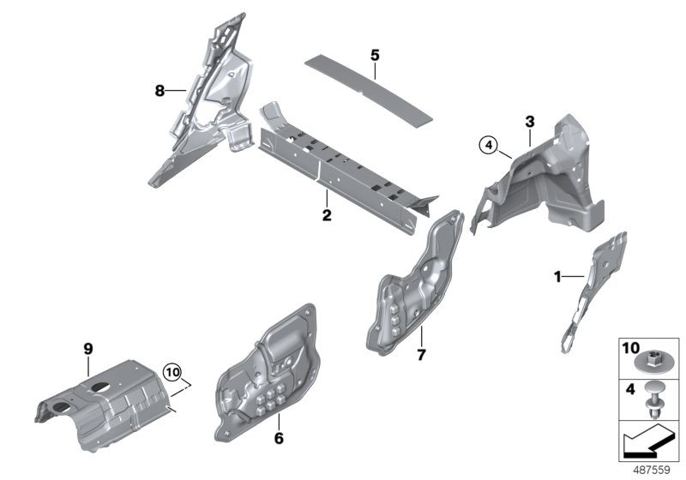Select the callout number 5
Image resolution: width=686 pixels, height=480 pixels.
coord(375,55)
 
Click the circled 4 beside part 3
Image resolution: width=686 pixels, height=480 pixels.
coord(489,145)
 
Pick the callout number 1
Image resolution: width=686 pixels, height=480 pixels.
coord(557,276)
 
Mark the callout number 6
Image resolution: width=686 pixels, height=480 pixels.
coord(279,440)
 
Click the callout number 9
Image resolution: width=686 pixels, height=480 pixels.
coord(87,348)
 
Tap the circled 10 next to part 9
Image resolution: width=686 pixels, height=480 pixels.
coord(174,373)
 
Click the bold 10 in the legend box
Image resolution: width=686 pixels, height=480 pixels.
coord(631,350)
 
